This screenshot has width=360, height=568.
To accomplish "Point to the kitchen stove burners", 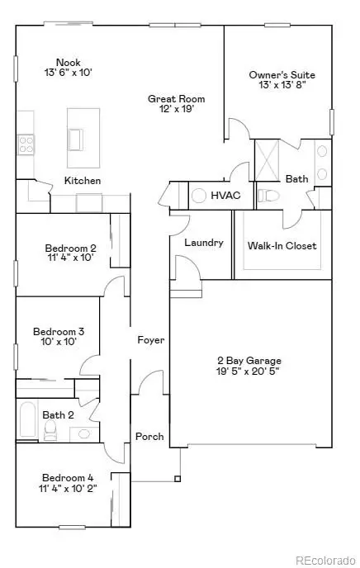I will tap(24, 145).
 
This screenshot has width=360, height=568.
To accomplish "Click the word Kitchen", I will tap(83, 180).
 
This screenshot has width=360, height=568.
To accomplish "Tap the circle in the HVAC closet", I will tap(199, 196).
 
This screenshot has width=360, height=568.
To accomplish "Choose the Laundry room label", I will tap(204, 243).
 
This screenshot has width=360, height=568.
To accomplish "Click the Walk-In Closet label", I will tap(282, 246).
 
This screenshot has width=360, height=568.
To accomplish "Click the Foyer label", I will tap(151, 339).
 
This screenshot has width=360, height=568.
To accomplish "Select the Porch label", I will tap(149, 437).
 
